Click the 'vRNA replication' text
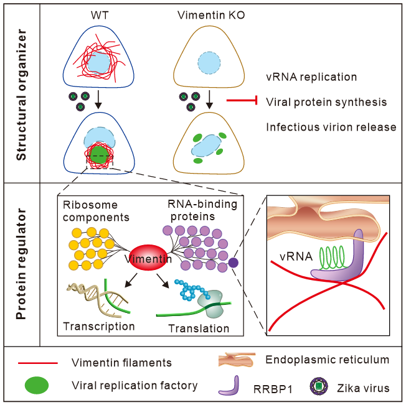[x=311, y=77]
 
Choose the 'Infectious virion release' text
[x=331, y=126]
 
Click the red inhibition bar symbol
[x=243, y=101]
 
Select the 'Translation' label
[x=199, y=328]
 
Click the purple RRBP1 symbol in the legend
[x=229, y=384]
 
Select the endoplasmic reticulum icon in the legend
[x=237, y=360]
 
